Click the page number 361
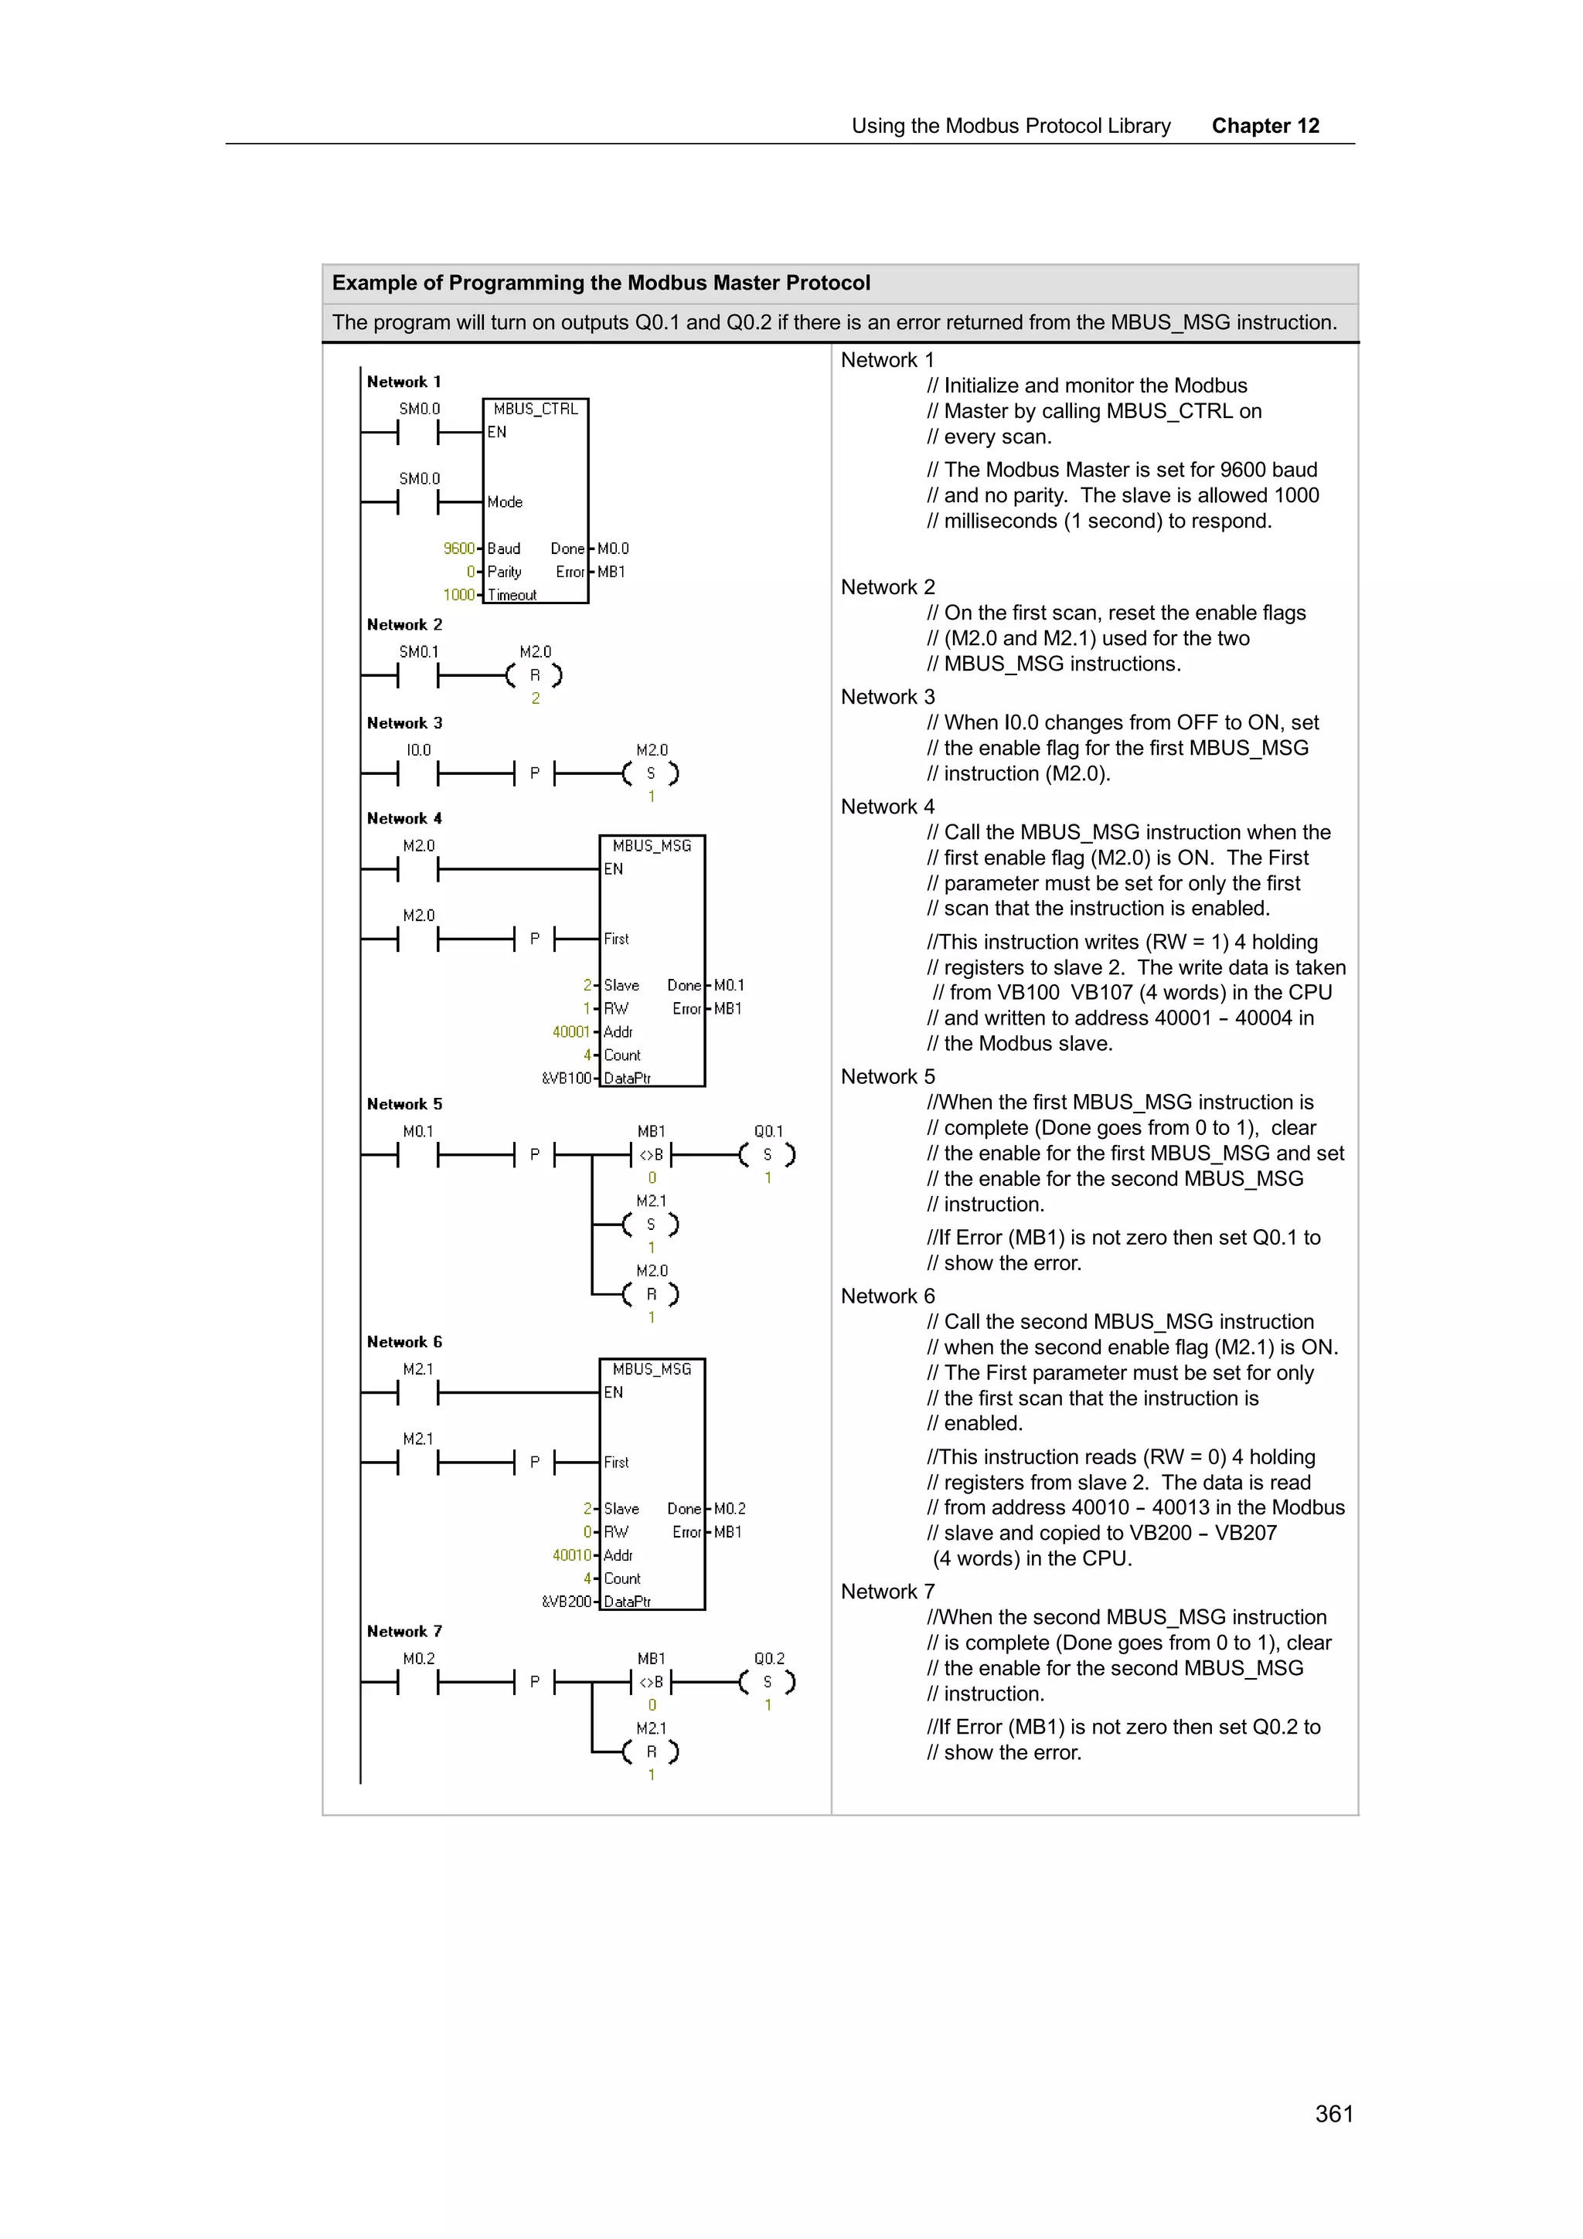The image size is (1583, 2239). (x=1333, y=2113)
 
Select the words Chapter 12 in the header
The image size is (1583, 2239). (x=1265, y=126)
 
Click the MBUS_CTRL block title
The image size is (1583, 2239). (x=536, y=409)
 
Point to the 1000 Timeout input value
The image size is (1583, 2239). (x=458, y=595)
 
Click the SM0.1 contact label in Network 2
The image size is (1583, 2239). (x=418, y=651)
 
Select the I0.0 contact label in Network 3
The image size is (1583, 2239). (x=418, y=750)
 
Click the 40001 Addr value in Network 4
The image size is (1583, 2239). (x=570, y=1031)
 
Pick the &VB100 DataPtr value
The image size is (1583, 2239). (x=567, y=1079)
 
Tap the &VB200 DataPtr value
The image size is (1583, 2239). (x=567, y=1602)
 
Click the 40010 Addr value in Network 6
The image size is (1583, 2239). (x=570, y=1555)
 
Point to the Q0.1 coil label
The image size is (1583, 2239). (x=768, y=1131)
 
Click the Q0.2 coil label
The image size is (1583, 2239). (x=768, y=1659)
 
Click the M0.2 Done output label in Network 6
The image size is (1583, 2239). (x=730, y=1509)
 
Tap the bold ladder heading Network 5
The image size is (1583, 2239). (x=403, y=1104)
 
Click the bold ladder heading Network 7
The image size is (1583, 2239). (x=403, y=1632)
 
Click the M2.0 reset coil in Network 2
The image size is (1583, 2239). (x=534, y=674)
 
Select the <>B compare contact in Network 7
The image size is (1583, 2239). (x=652, y=1682)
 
